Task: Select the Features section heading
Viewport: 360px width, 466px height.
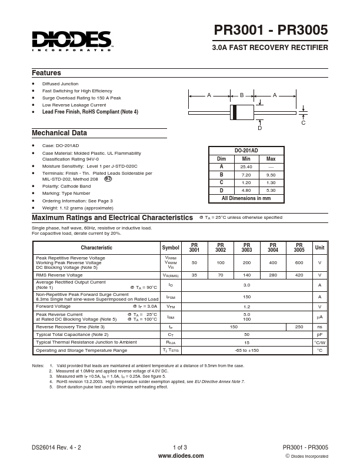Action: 46,73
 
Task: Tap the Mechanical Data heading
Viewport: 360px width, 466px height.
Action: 59,133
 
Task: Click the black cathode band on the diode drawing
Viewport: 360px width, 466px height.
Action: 235,112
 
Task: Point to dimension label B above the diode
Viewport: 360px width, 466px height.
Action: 241,95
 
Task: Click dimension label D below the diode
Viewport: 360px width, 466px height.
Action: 259,128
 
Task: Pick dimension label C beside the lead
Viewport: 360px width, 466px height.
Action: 304,122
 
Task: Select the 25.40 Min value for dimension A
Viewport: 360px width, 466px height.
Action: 246,167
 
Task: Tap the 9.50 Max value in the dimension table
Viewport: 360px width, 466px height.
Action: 271,175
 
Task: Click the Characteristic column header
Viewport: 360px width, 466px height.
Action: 96,248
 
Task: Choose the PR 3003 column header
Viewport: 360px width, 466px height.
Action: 246,248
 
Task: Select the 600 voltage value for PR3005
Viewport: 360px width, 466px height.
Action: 299,262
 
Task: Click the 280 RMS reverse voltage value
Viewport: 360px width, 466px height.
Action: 273,275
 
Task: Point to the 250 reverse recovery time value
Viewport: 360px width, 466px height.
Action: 299,327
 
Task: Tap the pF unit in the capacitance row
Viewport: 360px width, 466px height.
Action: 319,334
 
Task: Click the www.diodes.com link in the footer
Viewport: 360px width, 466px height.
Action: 181,455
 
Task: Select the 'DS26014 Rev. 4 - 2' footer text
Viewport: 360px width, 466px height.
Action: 56,447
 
